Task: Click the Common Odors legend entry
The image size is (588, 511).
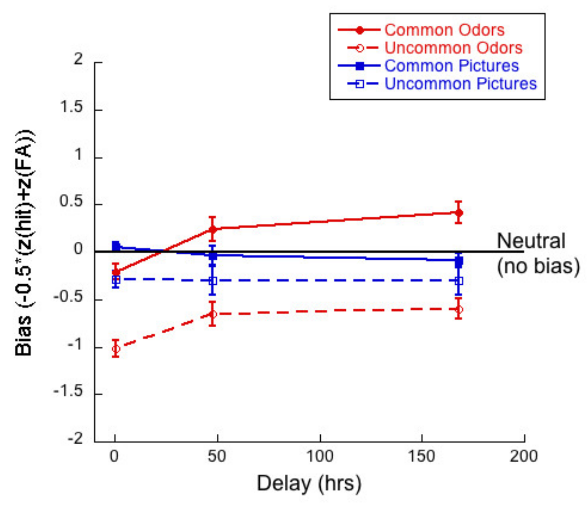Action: coord(444,30)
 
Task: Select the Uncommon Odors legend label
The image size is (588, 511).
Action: coord(453,48)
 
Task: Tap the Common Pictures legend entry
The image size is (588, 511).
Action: coord(451,66)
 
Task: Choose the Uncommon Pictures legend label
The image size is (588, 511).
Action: coord(460,84)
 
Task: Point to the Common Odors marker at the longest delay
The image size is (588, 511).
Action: coord(459,213)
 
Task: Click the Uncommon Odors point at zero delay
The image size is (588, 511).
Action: coord(116,348)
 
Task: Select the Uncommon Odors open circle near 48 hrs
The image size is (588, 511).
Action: coord(212,314)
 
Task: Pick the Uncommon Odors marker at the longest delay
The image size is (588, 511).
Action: coord(459,309)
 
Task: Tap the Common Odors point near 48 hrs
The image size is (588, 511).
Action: coord(212,229)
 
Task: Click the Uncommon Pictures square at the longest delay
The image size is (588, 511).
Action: coord(459,281)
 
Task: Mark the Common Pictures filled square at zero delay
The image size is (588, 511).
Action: coord(116,246)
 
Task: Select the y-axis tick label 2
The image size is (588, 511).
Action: coord(78,59)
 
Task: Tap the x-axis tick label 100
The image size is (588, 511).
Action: coord(320,456)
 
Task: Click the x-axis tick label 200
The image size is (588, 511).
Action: coord(523,456)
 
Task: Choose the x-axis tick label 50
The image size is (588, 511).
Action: coord(217,456)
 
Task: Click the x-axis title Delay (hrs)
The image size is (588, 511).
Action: coord(309,483)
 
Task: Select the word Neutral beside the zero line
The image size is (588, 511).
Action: coord(531,241)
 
